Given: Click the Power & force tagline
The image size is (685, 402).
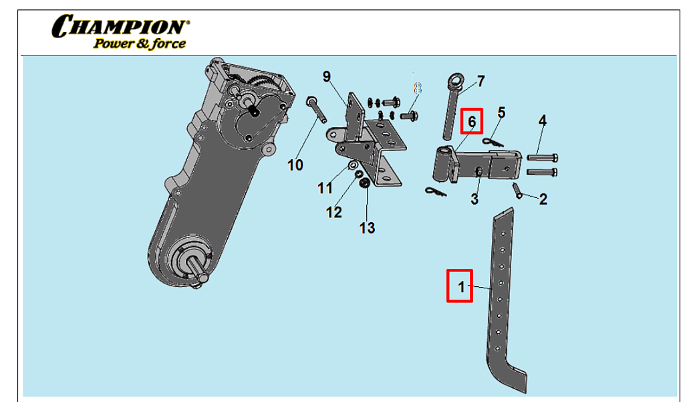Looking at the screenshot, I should click(x=139, y=44).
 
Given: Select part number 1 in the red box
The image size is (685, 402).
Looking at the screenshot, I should click(x=460, y=286).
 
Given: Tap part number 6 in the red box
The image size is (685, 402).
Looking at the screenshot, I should click(x=472, y=122).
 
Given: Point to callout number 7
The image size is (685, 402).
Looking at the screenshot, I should click(x=481, y=82).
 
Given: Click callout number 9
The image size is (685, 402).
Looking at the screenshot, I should click(x=327, y=76).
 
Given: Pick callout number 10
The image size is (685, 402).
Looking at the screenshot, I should click(x=295, y=165).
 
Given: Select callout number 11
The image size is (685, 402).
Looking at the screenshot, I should click(x=325, y=188).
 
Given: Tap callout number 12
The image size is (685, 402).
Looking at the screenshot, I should click(x=333, y=212).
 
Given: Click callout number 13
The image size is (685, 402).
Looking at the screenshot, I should click(x=367, y=229).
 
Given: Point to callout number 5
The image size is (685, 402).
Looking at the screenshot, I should click(x=501, y=112).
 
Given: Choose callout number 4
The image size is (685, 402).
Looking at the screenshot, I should click(x=543, y=121).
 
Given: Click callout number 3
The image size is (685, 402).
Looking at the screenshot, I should click(x=474, y=199).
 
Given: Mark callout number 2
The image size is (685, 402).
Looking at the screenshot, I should click(x=543, y=199).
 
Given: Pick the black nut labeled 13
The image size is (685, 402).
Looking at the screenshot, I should click(x=365, y=183).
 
